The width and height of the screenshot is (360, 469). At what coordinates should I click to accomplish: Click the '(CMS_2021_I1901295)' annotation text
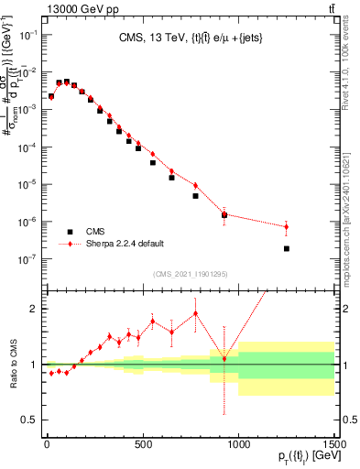point(190,275)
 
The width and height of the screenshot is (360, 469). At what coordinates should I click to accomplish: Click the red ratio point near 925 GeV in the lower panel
point(224,358)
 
